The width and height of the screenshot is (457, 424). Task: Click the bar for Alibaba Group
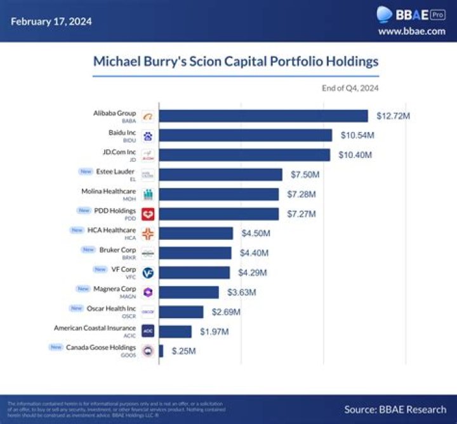pyautogui.click(x=263, y=116)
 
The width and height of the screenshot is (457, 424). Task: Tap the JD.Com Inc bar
pyautogui.click(x=244, y=156)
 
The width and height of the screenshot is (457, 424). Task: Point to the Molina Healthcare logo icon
pyautogui.click(x=148, y=194)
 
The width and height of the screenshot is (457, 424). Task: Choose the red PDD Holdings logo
pyautogui.click(x=148, y=214)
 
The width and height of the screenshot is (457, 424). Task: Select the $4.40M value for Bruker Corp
pyautogui.click(x=255, y=253)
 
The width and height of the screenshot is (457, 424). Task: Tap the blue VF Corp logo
pyautogui.click(x=148, y=272)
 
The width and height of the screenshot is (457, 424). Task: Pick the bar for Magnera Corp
pyautogui.click(x=189, y=292)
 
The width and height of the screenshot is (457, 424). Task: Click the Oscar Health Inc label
pyautogui.click(x=112, y=308)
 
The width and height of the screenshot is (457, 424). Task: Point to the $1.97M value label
pyautogui.click(x=215, y=331)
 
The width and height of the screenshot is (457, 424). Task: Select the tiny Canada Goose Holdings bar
pyautogui.click(x=161, y=351)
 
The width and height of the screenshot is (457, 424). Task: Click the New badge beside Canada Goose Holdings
pyautogui.click(x=55, y=347)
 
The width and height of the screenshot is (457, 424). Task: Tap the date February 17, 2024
pyautogui.click(x=51, y=21)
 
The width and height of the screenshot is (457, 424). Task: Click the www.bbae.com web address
pyautogui.click(x=411, y=31)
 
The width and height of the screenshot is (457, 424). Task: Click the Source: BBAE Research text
pyautogui.click(x=395, y=409)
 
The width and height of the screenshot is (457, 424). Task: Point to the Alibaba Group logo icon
pyautogui.click(x=148, y=117)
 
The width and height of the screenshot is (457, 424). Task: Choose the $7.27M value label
pyautogui.click(x=302, y=214)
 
